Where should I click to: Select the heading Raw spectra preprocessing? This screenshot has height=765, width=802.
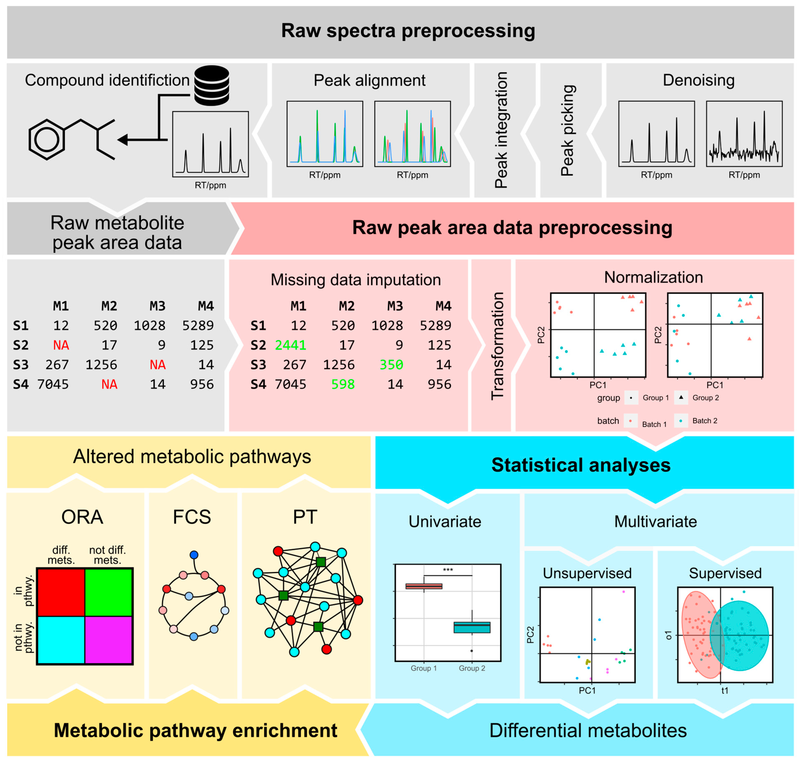(408, 31)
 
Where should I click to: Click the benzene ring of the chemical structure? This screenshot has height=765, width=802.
(47, 140)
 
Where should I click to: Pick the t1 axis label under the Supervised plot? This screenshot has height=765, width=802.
(724, 690)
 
